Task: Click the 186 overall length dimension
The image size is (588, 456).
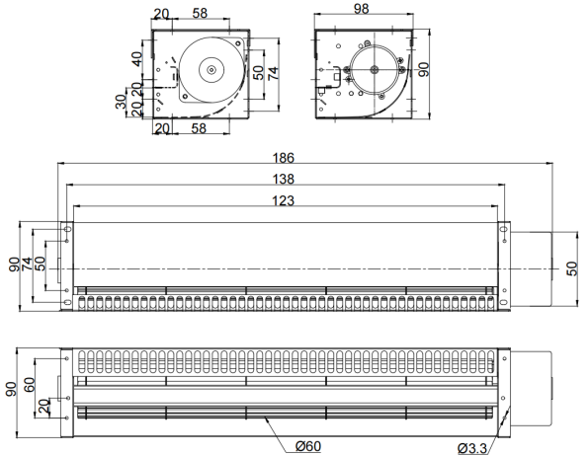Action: [283, 158]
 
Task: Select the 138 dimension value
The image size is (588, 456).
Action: [283, 180]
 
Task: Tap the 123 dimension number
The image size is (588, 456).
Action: [283, 201]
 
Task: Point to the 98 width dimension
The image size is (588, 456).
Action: [361, 9]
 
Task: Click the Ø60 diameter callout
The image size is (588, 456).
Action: [308, 446]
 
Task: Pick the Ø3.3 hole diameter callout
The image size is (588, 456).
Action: [472, 448]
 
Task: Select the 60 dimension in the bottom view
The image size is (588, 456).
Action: [30, 385]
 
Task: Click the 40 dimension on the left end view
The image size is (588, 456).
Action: [137, 59]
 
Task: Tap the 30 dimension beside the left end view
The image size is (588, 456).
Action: [121, 102]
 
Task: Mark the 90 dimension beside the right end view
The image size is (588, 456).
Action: [424, 70]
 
